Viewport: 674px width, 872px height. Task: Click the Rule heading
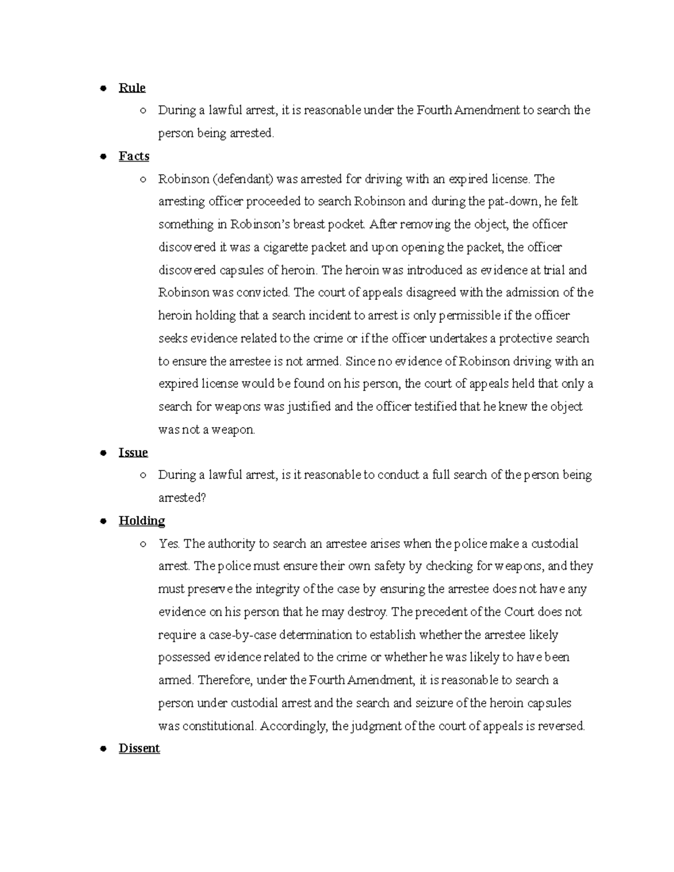pos(132,88)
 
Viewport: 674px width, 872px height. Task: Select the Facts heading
pos(134,156)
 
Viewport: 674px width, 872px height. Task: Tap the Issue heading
pos(133,453)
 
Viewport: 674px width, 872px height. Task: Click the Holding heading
pos(142,521)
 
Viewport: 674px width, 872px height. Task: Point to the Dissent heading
pos(139,748)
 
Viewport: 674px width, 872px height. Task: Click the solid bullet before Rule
pos(103,89)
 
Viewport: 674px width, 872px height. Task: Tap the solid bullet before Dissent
pos(103,749)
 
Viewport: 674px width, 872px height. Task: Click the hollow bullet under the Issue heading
pos(143,476)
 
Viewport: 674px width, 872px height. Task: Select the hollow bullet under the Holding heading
pos(143,544)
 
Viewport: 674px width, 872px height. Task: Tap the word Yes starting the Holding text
pos(168,544)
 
